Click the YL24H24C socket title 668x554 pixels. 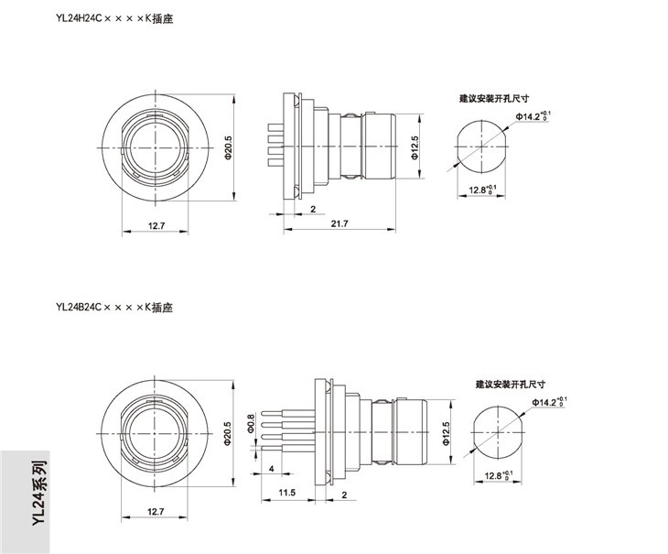point(114,18)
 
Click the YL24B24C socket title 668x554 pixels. point(114,308)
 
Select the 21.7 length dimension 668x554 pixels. point(339,223)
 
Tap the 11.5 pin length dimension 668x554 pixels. point(287,493)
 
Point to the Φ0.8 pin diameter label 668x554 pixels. point(251,423)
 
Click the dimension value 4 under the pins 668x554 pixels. point(272,469)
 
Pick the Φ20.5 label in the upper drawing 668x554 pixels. point(228,147)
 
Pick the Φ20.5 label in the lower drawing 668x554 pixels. point(228,434)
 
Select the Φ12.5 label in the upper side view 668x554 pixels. point(415,147)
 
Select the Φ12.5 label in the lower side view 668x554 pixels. point(446,434)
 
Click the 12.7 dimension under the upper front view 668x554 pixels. point(156,226)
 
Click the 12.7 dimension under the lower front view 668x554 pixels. point(156,511)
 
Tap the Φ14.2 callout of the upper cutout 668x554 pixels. point(533,116)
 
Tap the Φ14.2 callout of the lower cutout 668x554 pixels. point(549,402)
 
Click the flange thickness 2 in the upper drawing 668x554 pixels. point(313,210)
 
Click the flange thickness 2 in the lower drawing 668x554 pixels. point(344,494)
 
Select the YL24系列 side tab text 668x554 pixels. point(39,493)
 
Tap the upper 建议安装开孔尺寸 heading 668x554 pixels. point(494,99)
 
